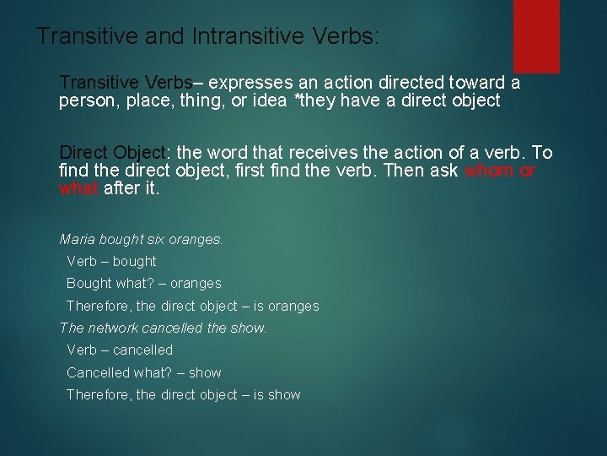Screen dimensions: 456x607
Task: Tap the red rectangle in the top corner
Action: (x=536, y=35)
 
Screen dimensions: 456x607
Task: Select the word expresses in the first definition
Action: (x=250, y=83)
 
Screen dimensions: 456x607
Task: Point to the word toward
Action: (x=474, y=83)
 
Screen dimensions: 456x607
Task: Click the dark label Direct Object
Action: (x=113, y=153)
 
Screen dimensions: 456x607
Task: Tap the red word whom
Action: (x=488, y=171)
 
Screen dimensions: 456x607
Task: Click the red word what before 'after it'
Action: (x=79, y=188)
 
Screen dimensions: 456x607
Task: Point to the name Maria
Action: (x=78, y=239)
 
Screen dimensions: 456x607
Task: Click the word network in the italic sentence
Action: (x=113, y=328)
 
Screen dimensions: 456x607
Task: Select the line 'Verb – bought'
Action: (x=111, y=261)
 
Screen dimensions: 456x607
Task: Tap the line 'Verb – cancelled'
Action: (x=119, y=350)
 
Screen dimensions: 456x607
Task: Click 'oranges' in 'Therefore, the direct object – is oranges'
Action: (x=293, y=307)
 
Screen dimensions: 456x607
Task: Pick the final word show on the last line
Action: (x=283, y=395)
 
